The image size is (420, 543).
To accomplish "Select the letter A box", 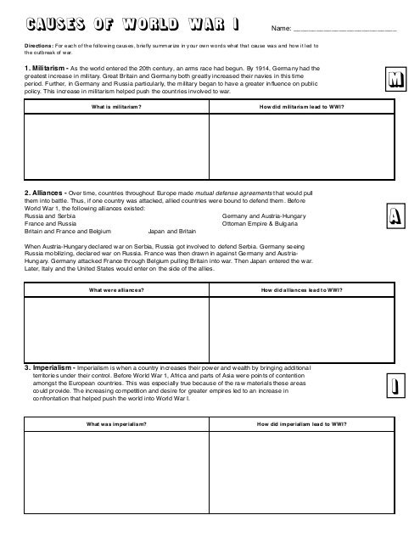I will pos(394,218).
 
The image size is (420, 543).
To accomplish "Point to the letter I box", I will pos(394,388).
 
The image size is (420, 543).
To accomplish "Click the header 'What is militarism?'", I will pos(117,108).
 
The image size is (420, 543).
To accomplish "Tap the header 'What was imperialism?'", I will pos(117,424).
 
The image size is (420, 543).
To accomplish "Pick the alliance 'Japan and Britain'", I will pos(172,231).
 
